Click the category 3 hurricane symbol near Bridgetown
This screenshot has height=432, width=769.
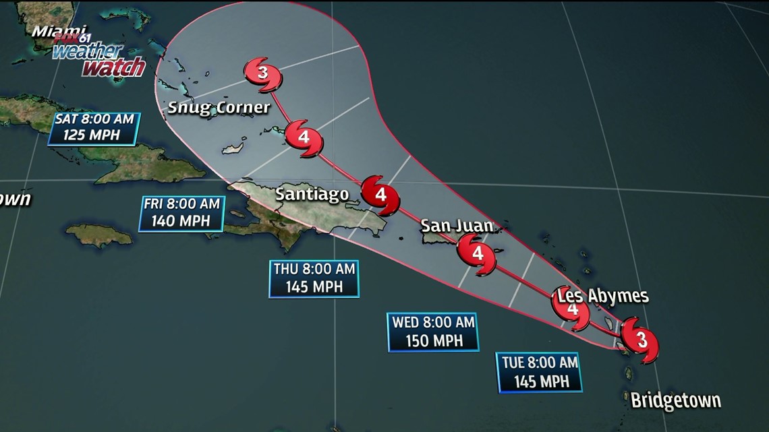[x=639, y=340]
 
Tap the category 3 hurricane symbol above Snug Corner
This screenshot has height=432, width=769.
[x=262, y=73]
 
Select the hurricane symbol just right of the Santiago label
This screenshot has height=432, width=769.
[x=380, y=195]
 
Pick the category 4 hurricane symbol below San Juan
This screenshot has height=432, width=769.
[x=478, y=254]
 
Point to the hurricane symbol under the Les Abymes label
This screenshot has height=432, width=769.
[x=571, y=310]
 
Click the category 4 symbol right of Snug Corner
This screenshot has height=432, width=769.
[x=304, y=137]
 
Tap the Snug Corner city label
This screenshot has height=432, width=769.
[x=219, y=107]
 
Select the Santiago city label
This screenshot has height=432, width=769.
[x=312, y=195]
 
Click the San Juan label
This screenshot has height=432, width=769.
[x=457, y=225]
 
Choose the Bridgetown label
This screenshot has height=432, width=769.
[x=675, y=400]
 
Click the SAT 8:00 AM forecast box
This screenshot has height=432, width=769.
[x=93, y=128]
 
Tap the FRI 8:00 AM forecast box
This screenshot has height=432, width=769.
[x=181, y=213]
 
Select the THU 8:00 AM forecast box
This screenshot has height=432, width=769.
[x=314, y=278]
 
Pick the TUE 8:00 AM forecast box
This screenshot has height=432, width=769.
[x=540, y=372]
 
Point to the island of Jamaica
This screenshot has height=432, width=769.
[x=100, y=235]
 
